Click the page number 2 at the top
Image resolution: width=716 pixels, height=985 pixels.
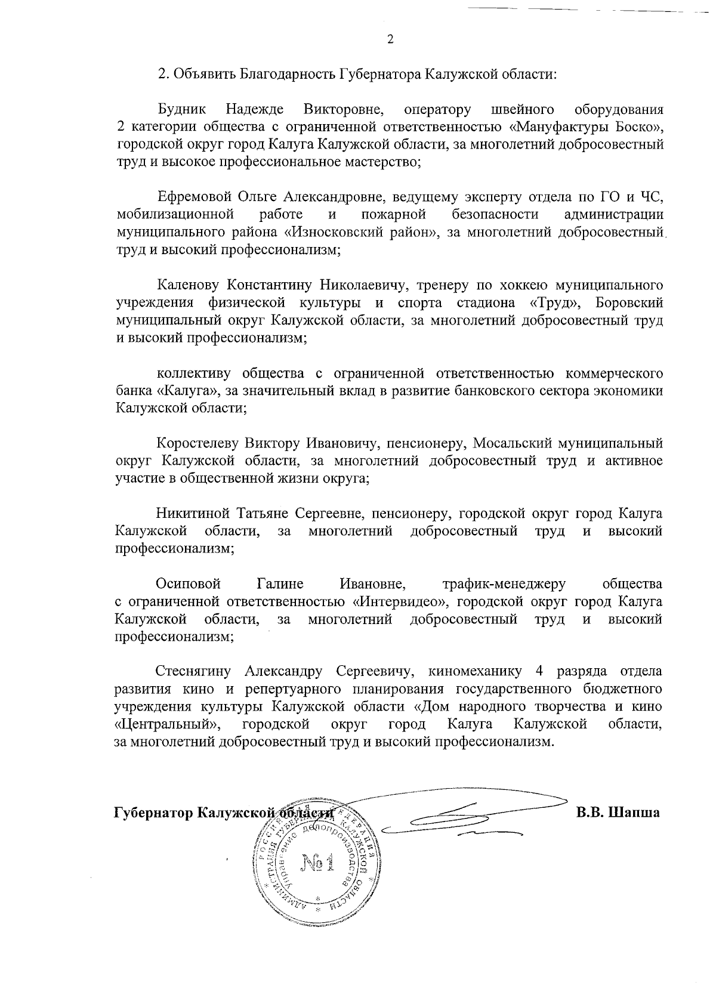click(390, 40)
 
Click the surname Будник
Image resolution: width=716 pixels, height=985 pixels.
click(182, 110)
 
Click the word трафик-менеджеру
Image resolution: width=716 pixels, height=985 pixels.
click(504, 583)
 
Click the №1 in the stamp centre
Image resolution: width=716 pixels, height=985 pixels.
click(316, 862)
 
